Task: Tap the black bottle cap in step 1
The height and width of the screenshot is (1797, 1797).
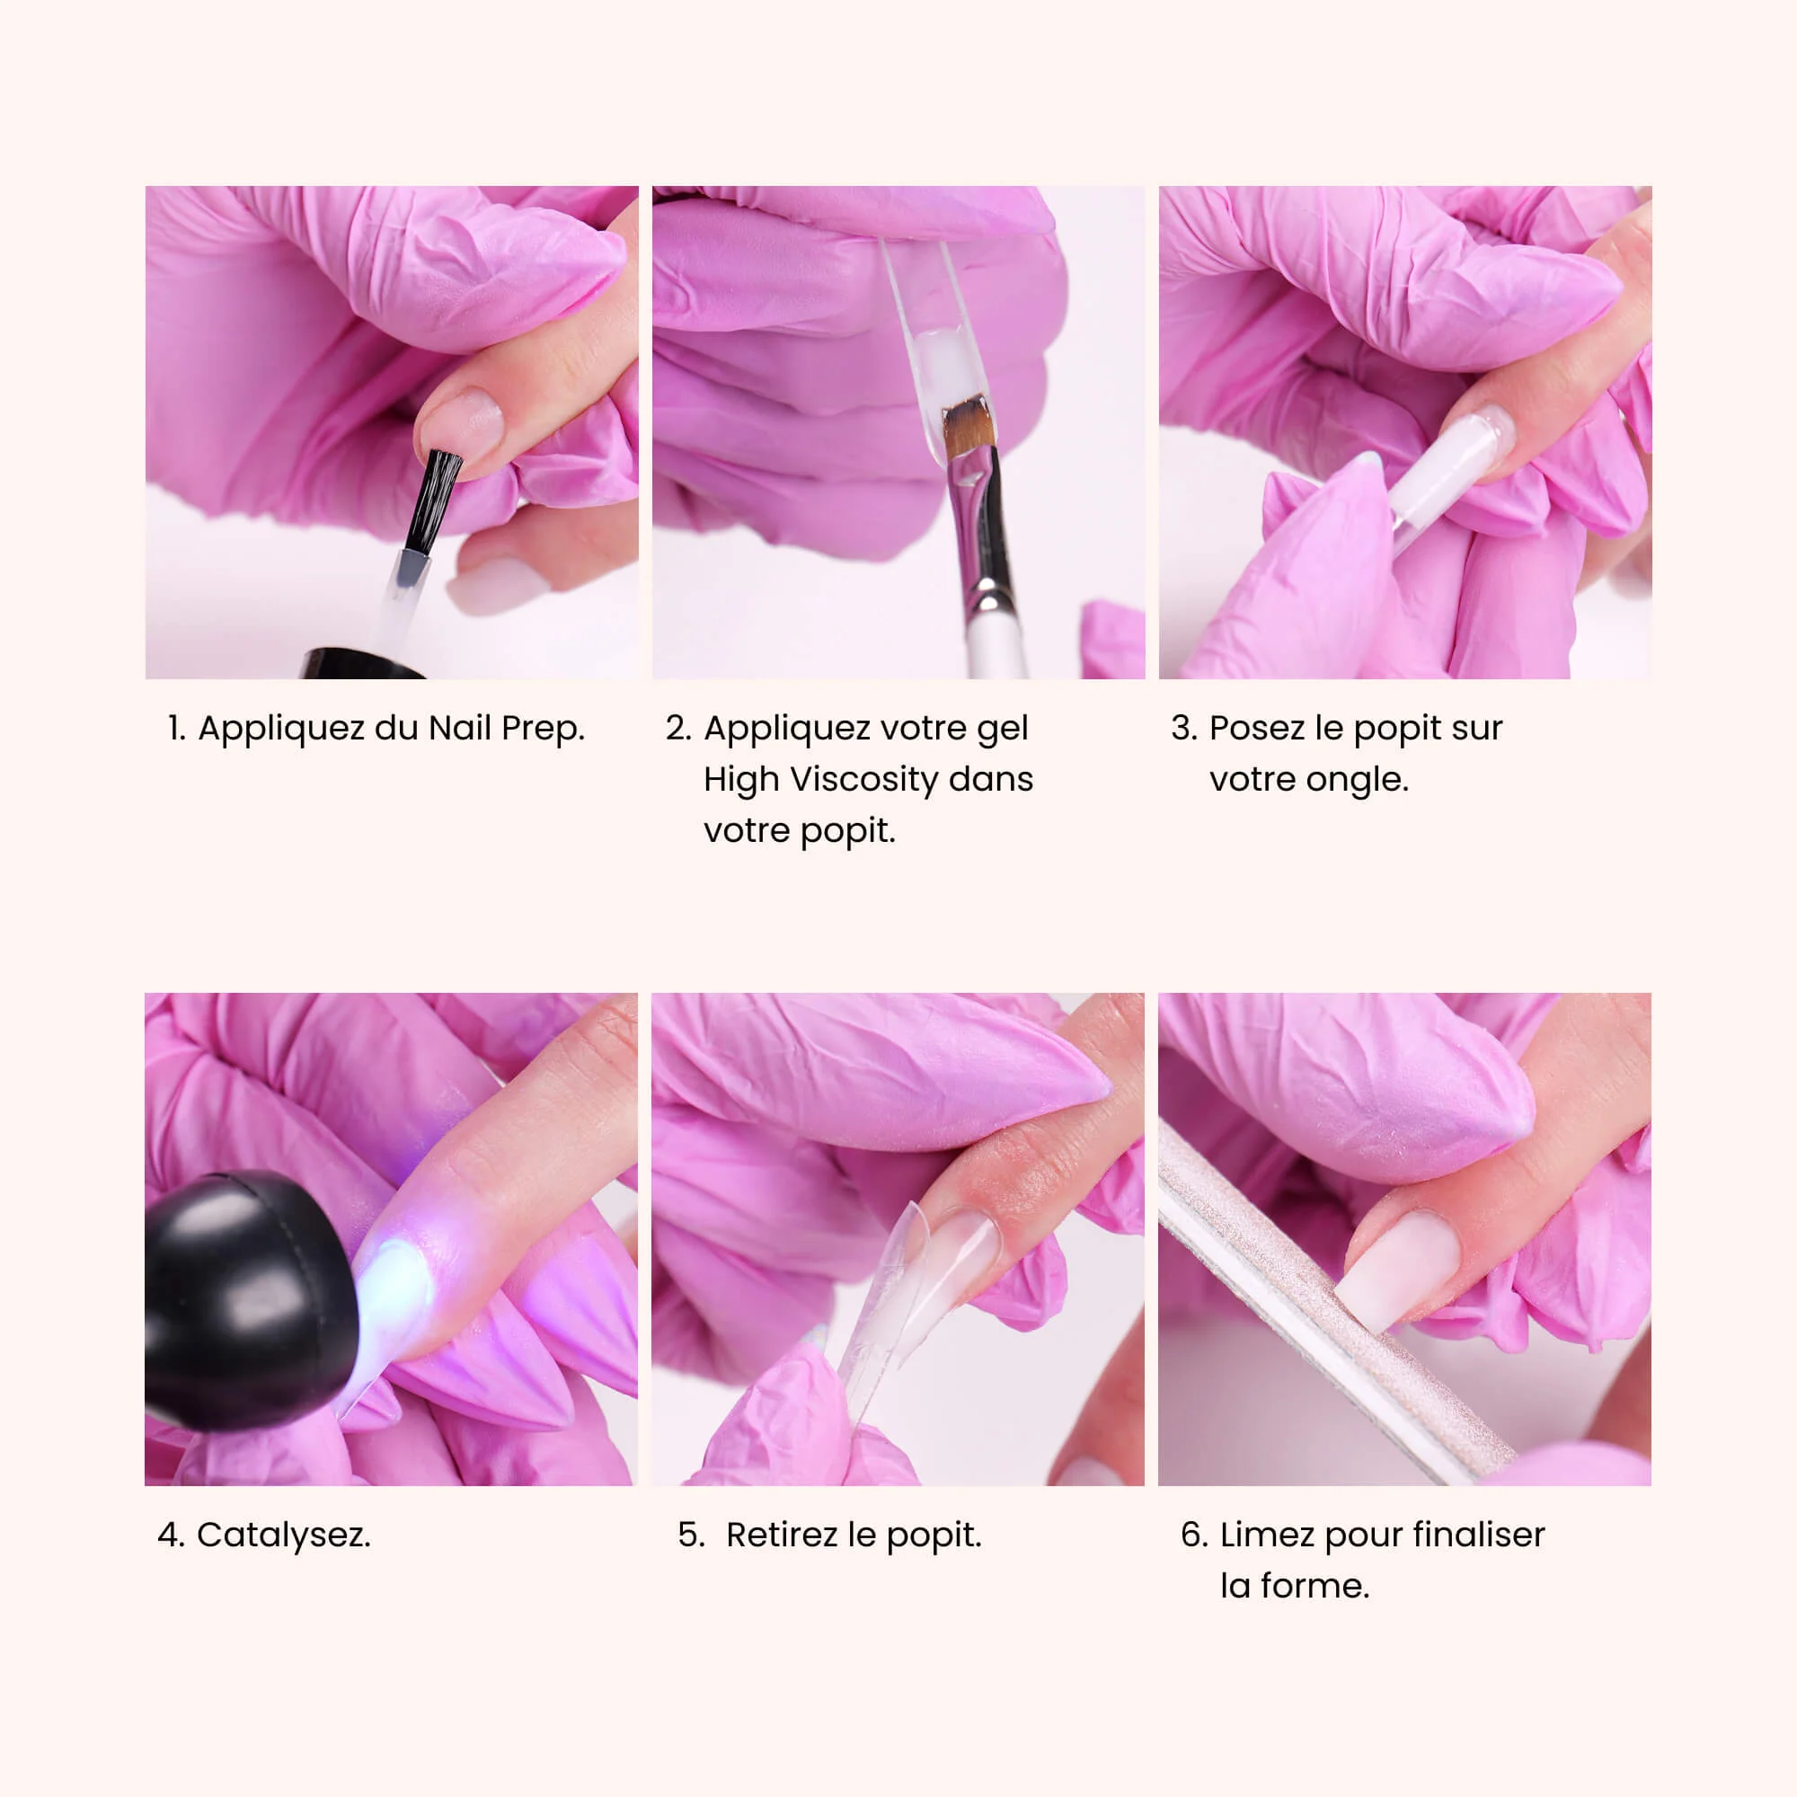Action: pos(363,663)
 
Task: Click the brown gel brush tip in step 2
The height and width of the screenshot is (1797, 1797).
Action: pos(964,426)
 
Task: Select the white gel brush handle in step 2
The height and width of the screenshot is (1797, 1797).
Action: pos(996,642)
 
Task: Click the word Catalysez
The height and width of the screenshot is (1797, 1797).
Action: pos(283,1535)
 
